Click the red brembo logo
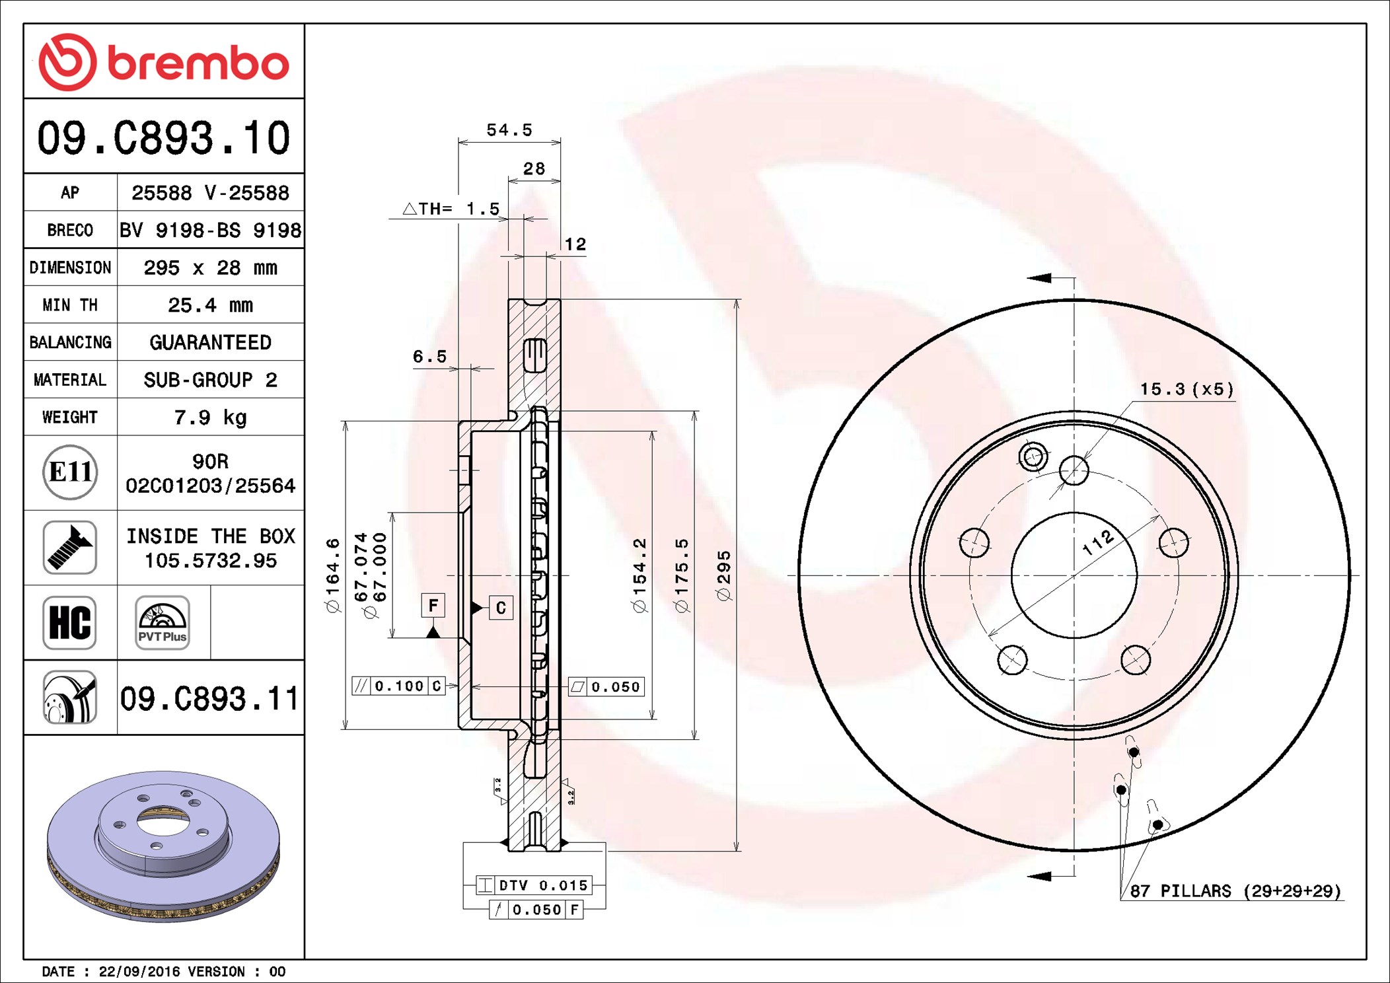coord(163,62)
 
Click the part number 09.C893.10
coord(163,138)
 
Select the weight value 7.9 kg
coord(210,418)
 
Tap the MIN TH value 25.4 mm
coord(210,305)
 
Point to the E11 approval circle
coord(70,472)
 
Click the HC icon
coord(70,622)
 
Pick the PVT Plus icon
coord(163,622)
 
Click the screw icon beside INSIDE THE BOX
coord(70,547)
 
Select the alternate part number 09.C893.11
coord(209,698)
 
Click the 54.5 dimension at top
coord(509,130)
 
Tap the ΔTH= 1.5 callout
coord(452,209)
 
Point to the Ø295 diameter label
coord(724,575)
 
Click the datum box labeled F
coord(433,605)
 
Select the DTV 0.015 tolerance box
coord(534,885)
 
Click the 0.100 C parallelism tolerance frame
coord(398,686)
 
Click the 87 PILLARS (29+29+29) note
coord(1235,891)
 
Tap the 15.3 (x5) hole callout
coord(1187,390)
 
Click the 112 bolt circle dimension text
coord(1098,543)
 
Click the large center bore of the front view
coord(1074,575)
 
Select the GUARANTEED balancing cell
coord(210,342)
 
